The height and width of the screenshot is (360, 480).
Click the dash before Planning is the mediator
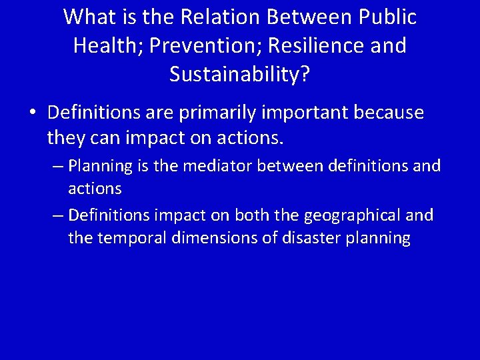point(57,165)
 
